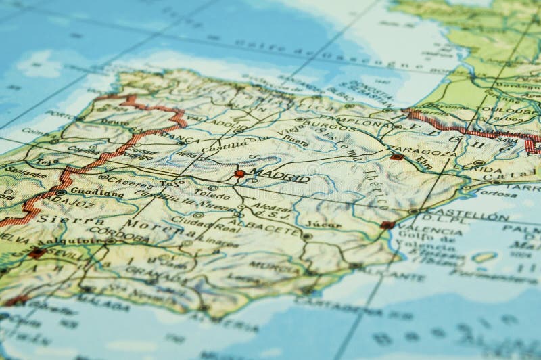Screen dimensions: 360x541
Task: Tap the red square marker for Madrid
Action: click(239, 174)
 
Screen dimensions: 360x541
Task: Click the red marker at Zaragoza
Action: click(397, 157)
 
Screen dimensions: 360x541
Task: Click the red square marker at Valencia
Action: click(387, 225)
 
